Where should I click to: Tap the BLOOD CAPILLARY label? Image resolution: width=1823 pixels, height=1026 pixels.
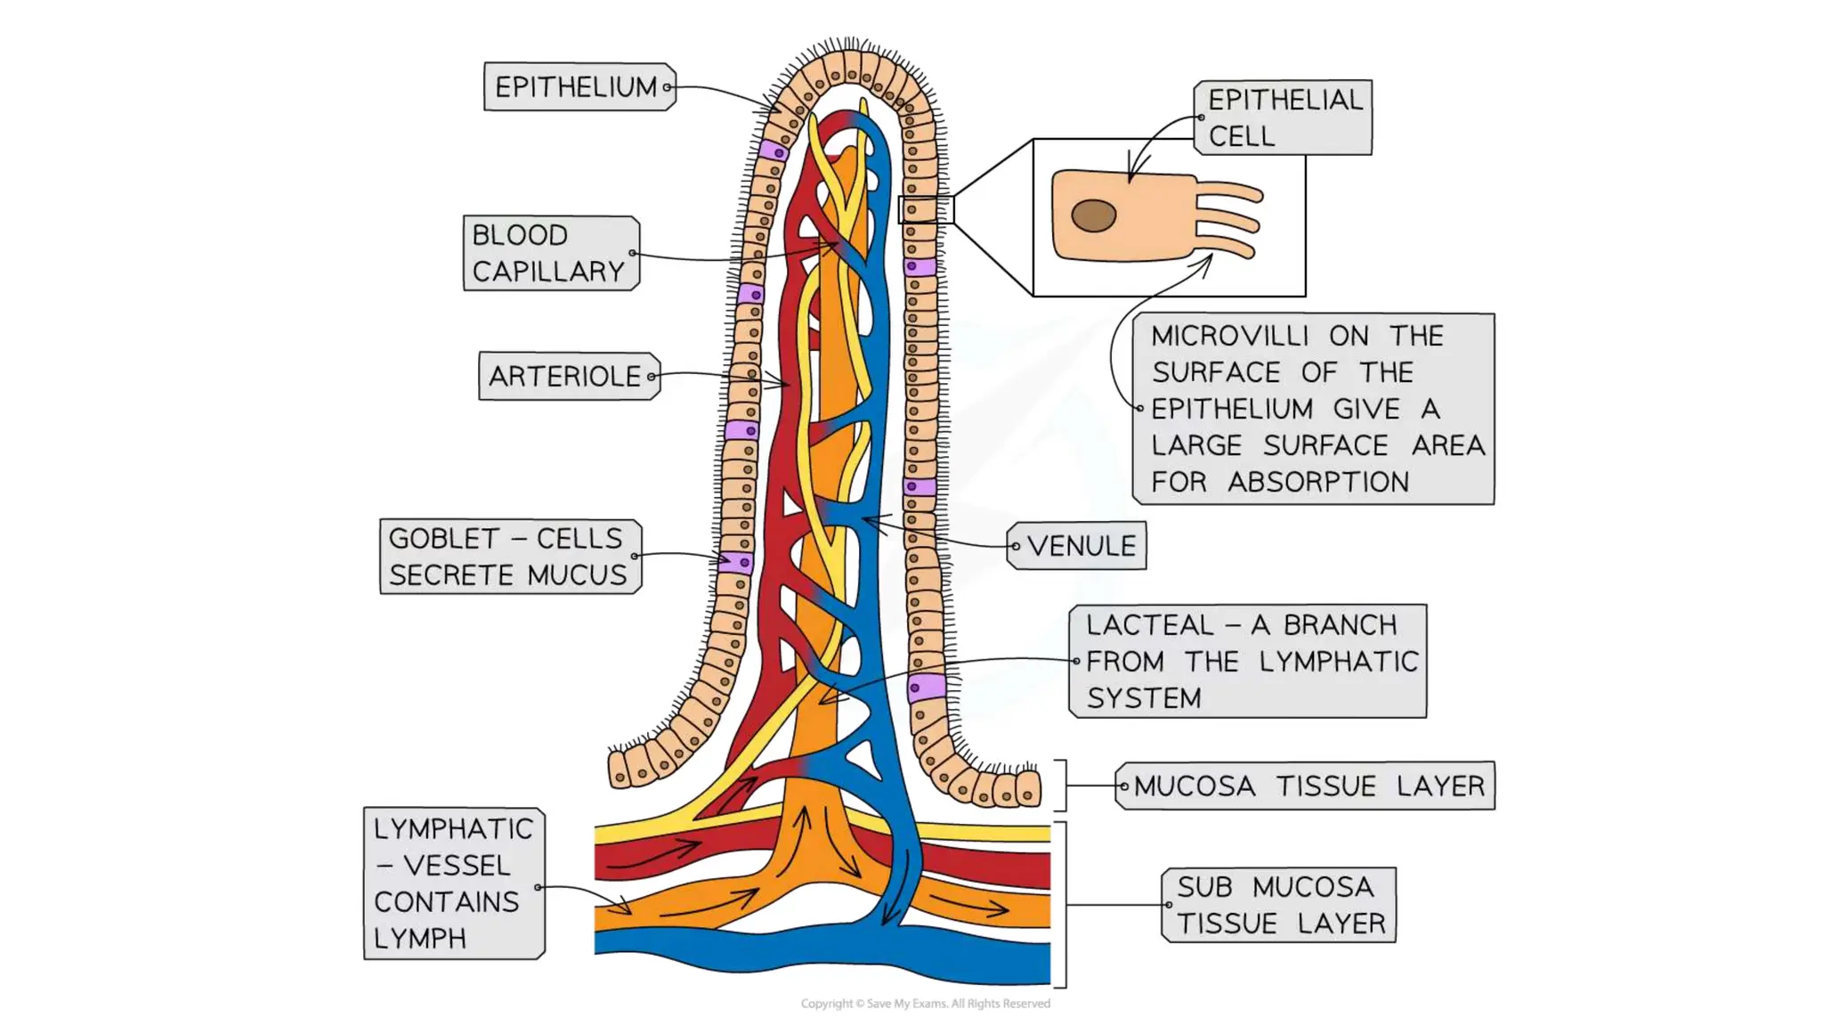point(550,253)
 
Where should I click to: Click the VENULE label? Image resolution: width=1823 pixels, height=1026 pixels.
point(1079,545)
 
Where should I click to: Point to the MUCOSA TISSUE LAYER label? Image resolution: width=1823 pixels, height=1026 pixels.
point(1307,786)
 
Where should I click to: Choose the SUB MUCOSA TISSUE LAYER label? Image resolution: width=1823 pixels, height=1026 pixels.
point(1280,905)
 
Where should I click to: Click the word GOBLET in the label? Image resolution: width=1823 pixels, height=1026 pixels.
point(443,539)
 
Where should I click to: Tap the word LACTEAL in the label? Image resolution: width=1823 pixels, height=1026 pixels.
point(1148,625)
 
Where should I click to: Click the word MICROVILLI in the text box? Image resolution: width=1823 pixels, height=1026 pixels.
point(1228,336)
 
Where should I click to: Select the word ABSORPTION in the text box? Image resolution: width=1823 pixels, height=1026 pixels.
point(1317,482)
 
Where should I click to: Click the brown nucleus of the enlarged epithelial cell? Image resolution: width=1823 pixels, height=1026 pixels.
point(1093,216)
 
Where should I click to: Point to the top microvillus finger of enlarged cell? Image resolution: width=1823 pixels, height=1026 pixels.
point(1232,191)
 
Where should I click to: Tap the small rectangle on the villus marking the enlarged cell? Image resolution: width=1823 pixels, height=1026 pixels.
point(926,210)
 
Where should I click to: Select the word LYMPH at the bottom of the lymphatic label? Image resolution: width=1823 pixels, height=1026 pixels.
point(419,939)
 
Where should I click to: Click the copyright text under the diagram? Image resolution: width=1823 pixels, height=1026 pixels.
point(925,1004)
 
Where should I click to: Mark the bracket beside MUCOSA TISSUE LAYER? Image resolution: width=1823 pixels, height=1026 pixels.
point(1062,786)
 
